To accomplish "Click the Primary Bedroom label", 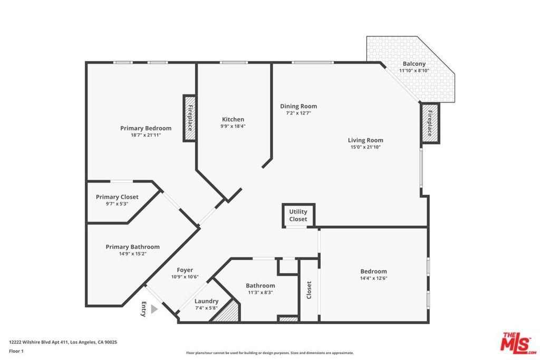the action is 146,128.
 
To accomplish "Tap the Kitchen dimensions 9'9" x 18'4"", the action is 233,127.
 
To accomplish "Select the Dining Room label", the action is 298,106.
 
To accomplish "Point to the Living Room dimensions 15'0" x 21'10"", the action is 365,147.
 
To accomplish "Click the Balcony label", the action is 414,64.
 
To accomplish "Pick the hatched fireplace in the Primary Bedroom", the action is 189,118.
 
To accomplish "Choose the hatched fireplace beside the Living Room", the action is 430,123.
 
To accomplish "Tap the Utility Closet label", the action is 298,215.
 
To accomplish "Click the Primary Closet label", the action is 117,197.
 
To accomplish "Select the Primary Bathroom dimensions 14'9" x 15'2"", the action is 132,254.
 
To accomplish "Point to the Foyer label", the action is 185,270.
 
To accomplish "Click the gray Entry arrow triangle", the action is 154,309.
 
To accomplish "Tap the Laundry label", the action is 207,301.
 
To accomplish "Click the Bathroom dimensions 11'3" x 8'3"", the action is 261,293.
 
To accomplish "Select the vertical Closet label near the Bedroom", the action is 309,290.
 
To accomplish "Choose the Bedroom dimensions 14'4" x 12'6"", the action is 374,278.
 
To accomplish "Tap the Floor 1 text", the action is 16,351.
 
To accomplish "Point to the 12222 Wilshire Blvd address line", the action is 63,342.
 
